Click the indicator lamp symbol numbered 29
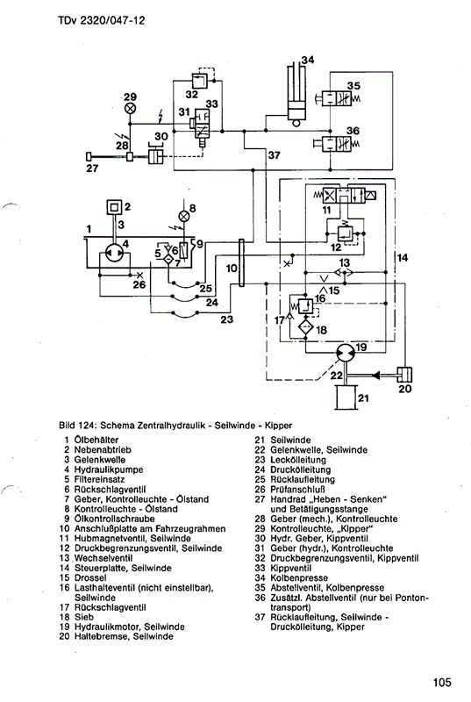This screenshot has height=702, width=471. coord(130,108)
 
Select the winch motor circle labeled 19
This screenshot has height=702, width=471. coord(346,354)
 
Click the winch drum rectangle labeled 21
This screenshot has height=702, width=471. coord(346,397)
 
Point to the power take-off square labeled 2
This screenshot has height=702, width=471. coord(114,207)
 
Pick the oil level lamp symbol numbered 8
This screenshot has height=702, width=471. coord(183,217)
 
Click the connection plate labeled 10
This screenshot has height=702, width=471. coord(241,262)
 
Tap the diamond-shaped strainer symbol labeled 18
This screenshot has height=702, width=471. coord(305,327)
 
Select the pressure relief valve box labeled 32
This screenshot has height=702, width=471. coord(198,81)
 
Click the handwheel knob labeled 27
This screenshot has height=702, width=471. coord(89,156)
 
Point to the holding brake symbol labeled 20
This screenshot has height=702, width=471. coord(404,375)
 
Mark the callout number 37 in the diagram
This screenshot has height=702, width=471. coord(275,155)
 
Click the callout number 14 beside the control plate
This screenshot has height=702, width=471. coord(403,257)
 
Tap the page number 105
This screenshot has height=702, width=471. coord(442,683)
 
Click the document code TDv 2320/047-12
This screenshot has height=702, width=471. coord(102,20)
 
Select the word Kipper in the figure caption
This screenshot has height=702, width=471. coord(278,425)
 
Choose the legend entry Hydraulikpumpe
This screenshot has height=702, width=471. coord(109,469)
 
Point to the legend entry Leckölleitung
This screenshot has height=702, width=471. coord(298,459)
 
